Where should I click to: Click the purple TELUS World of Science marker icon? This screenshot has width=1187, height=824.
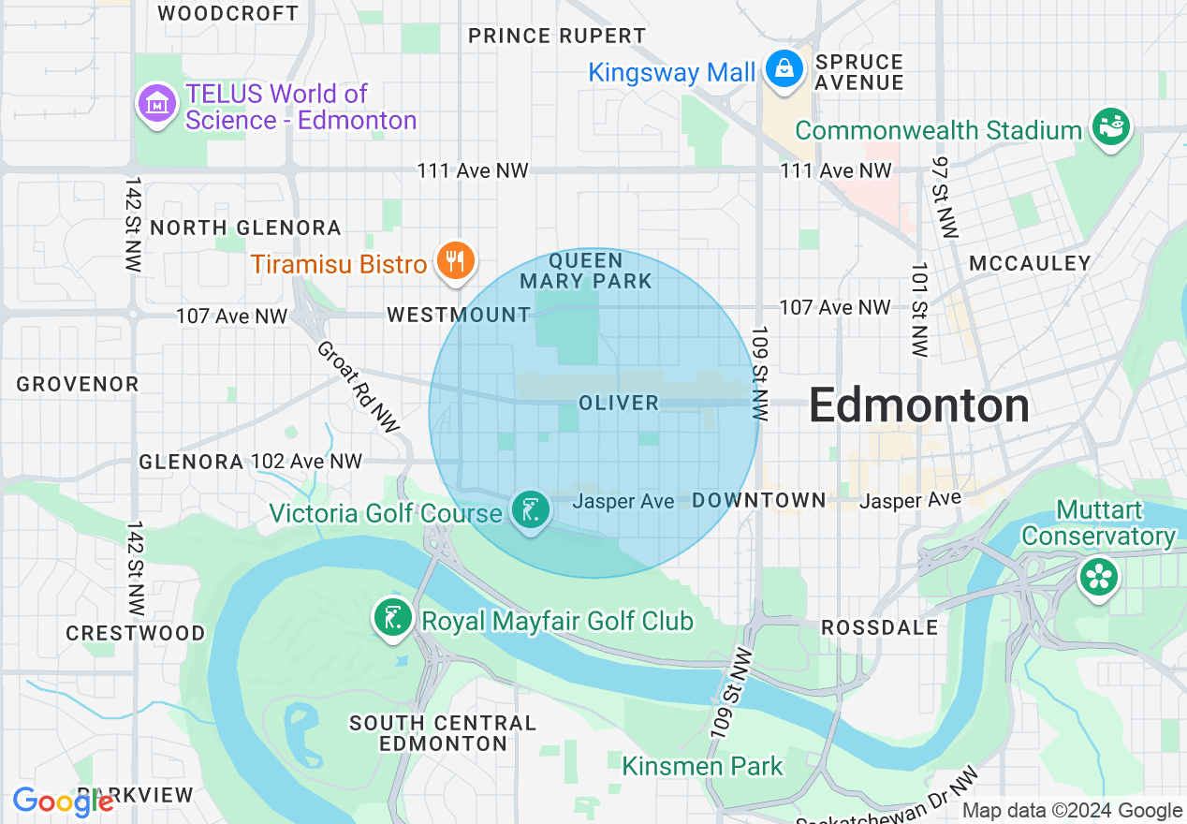coord(156,103)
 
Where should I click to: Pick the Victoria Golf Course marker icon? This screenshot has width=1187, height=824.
coord(531,510)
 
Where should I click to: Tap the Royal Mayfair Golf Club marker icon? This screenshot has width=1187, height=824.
coord(393,618)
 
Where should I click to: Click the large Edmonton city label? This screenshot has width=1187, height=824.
coord(918,406)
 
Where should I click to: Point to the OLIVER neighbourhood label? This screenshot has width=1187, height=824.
coord(619,403)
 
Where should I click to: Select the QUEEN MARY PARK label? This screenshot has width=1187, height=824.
coord(586,271)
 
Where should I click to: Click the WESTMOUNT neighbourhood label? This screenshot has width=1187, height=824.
coord(459,315)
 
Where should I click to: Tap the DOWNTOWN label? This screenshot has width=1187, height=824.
coord(759,501)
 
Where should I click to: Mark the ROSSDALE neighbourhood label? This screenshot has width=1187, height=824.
coord(879,627)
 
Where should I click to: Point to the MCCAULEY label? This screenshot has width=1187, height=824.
coord(1030,263)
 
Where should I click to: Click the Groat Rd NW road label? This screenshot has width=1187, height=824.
coord(359,386)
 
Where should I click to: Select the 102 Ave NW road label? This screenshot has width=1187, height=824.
coord(306,462)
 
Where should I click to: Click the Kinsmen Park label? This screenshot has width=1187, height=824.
coord(702,766)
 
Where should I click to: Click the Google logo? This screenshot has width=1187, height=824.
coord(63,802)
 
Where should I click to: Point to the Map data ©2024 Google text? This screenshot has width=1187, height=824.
coord(1072,811)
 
